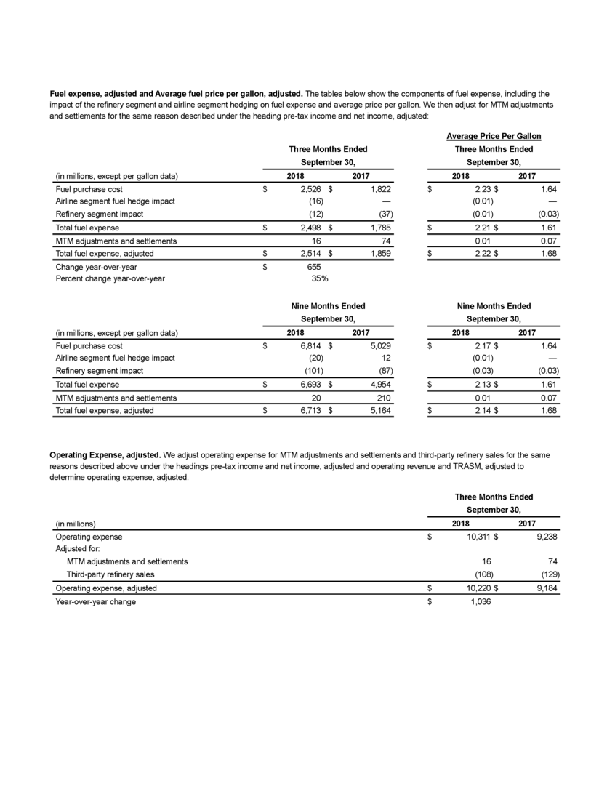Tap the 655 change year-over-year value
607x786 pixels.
coord(315,265)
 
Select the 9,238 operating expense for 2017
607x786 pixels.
coord(544,537)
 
